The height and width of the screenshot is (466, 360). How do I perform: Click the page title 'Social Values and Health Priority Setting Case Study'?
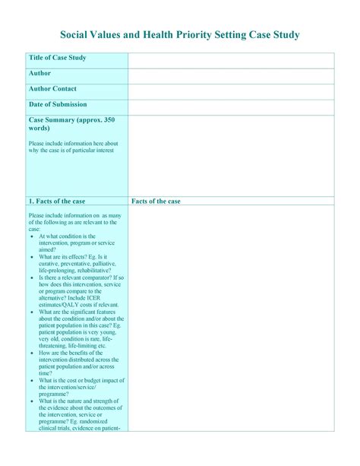tap(180, 36)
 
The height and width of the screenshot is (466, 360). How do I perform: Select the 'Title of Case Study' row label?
tap(57, 59)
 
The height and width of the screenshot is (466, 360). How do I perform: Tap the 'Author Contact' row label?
tap(52, 89)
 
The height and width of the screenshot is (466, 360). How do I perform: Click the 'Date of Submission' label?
tap(58, 104)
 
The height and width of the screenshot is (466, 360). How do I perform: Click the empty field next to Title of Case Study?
tap(230, 60)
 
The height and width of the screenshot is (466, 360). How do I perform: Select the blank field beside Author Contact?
tap(230, 91)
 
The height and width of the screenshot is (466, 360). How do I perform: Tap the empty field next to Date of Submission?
tap(230, 106)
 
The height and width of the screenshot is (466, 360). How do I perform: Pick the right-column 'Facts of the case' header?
tap(156, 201)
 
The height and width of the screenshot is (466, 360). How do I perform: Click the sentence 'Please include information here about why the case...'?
tap(73, 147)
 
